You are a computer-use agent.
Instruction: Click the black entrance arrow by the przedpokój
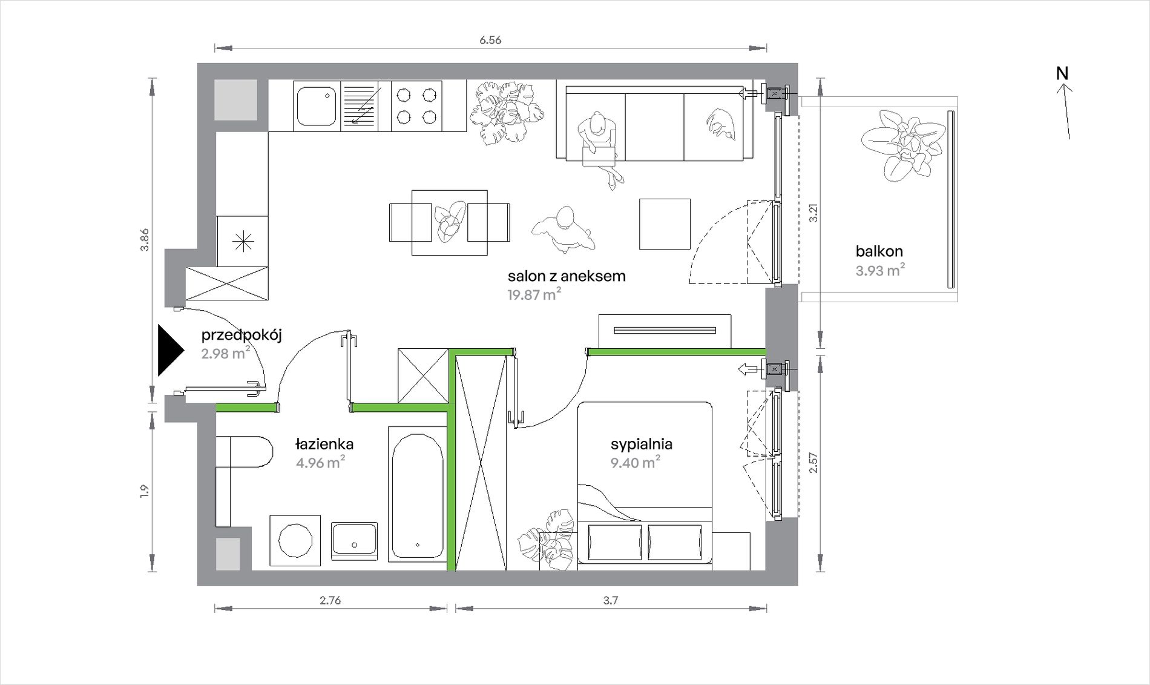pyautogui.click(x=169, y=350)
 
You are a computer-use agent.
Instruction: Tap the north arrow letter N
pyautogui.click(x=1062, y=73)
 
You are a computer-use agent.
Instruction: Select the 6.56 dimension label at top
pyautogui.click(x=490, y=40)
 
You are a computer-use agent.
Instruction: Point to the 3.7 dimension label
pyautogui.click(x=610, y=600)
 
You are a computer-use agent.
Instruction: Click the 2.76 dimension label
pyautogui.click(x=330, y=600)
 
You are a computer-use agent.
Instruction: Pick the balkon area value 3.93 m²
pyautogui.click(x=880, y=270)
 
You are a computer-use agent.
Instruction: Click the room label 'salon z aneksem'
pyautogui.click(x=567, y=276)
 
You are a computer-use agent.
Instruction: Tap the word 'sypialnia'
pyautogui.click(x=642, y=444)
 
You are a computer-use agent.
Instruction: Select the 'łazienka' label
pyautogui.click(x=324, y=444)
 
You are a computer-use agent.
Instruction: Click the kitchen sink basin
pyautogui.click(x=316, y=107)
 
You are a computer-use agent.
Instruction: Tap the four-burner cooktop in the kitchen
pyautogui.click(x=416, y=106)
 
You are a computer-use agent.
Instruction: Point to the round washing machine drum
pyautogui.click(x=295, y=540)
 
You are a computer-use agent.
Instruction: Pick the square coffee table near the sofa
pyautogui.click(x=665, y=224)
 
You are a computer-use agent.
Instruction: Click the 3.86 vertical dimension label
pyautogui.click(x=144, y=240)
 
